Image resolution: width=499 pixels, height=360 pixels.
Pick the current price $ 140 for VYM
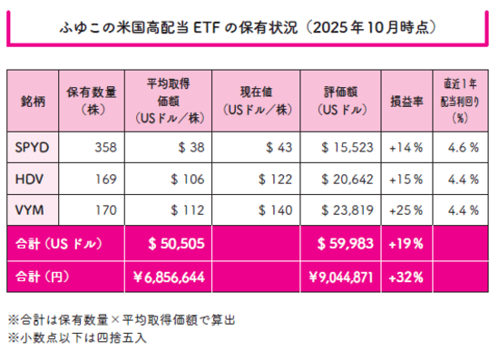[x=275, y=210]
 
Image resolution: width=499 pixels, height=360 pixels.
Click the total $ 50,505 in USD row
[x=181, y=243]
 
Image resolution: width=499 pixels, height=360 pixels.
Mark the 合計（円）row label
[x=44, y=276]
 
